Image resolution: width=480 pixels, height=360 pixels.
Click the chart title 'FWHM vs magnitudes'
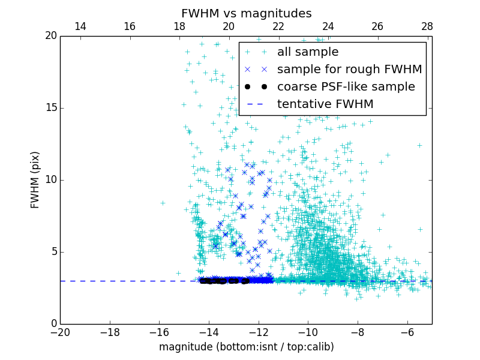click(x=246, y=13)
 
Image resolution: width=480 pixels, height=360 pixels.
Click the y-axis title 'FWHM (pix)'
click(x=35, y=179)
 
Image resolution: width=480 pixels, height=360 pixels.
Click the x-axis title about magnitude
click(x=246, y=347)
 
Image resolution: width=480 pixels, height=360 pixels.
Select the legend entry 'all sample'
click(x=307, y=52)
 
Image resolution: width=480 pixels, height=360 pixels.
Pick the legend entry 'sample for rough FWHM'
click(x=349, y=70)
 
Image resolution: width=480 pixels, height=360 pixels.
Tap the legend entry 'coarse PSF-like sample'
click(x=346, y=87)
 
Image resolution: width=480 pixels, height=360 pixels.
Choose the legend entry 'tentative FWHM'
click(x=325, y=104)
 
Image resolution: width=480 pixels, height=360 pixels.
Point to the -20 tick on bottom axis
click(x=60, y=332)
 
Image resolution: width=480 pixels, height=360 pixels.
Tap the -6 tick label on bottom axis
click(x=407, y=332)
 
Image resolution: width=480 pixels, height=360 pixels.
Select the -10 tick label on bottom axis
click(x=308, y=332)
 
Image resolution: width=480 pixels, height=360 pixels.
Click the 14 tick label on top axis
click(x=80, y=26)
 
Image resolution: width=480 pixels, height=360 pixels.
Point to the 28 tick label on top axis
click(x=427, y=26)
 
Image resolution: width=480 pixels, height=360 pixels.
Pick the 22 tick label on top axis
click(x=278, y=26)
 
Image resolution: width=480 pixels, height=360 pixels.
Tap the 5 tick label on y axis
click(x=53, y=252)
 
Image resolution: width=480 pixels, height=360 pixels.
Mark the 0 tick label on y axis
click(x=53, y=324)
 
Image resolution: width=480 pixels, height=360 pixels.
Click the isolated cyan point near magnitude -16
click(x=163, y=203)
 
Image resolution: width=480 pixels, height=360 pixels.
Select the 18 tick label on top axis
click(x=179, y=26)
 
